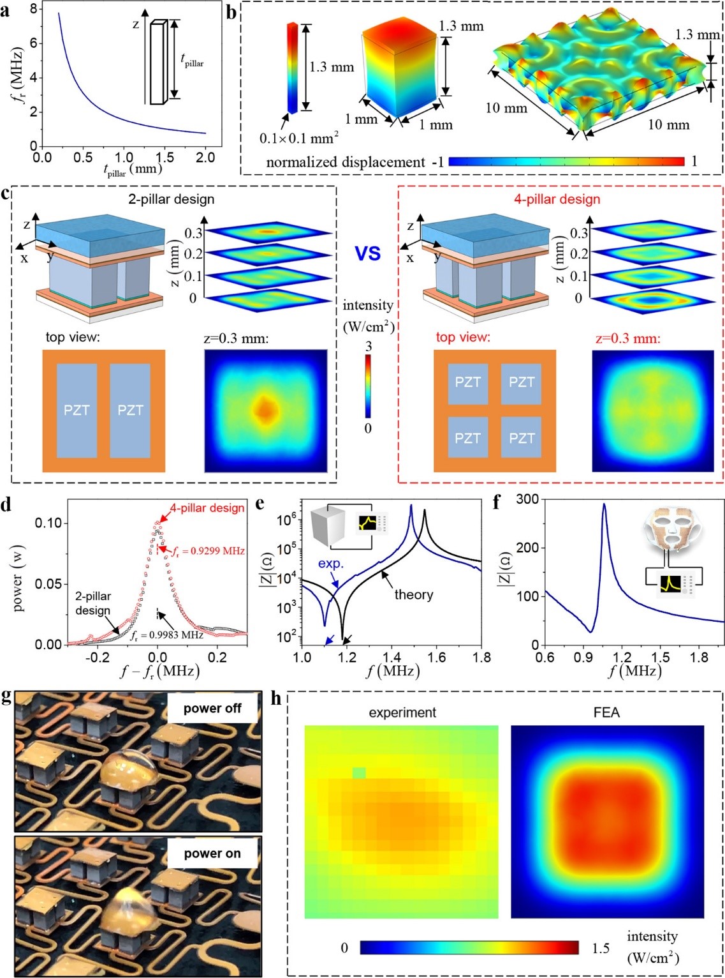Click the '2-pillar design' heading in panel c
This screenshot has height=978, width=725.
[171, 199]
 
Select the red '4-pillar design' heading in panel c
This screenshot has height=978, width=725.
[557, 199]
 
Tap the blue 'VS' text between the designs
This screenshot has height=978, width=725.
[368, 253]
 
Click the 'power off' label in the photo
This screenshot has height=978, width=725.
[212, 708]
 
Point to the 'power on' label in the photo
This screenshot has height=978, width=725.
[212, 854]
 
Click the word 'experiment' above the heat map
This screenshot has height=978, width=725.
[402, 712]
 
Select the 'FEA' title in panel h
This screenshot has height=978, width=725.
[606, 712]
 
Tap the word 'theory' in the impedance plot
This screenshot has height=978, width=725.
[413, 595]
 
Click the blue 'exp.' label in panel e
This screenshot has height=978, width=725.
[331, 564]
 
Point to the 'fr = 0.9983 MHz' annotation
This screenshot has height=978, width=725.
[166, 635]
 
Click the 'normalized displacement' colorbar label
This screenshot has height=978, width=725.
[345, 162]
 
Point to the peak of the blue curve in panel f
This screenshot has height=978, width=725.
[604, 504]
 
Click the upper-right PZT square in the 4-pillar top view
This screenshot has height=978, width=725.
[521, 382]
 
